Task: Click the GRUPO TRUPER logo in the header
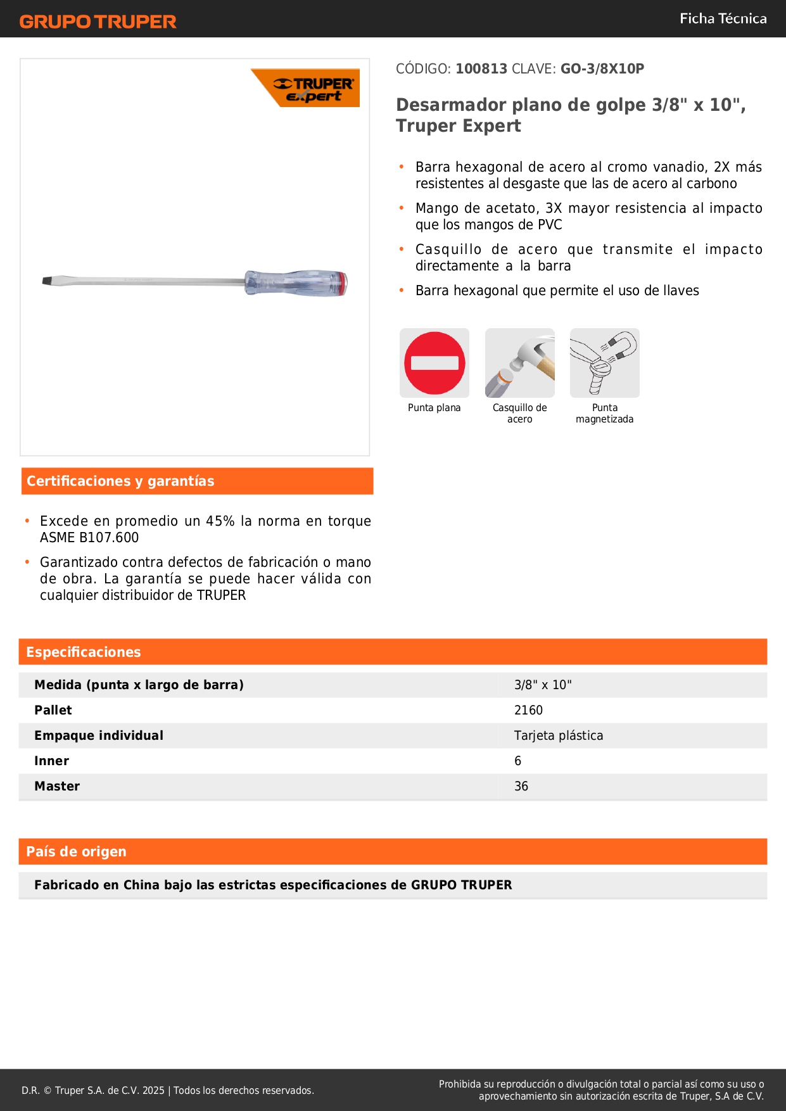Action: pos(98,22)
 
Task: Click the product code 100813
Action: pos(481,69)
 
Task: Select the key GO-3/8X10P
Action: pos(602,69)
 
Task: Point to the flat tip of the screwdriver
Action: pos(48,281)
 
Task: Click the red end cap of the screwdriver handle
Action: pos(344,284)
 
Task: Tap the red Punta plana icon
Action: pos(434,363)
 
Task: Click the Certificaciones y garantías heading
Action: pos(120,481)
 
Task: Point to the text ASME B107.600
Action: pos(89,538)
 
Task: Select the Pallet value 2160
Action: pos(528,710)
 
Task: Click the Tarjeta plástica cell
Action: pos(559,735)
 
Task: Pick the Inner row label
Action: pos(51,761)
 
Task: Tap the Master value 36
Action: pos(521,786)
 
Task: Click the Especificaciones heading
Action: pos(84,652)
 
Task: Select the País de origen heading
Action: pos(76,852)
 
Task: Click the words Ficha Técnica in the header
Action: pos(723,19)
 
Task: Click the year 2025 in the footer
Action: pos(153,1091)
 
